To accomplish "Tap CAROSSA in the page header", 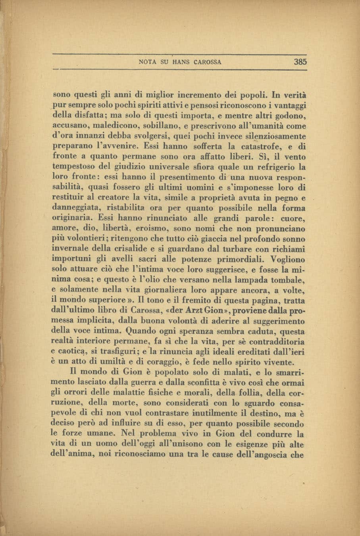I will [x=208, y=62].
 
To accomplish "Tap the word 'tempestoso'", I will [x=72, y=166].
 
